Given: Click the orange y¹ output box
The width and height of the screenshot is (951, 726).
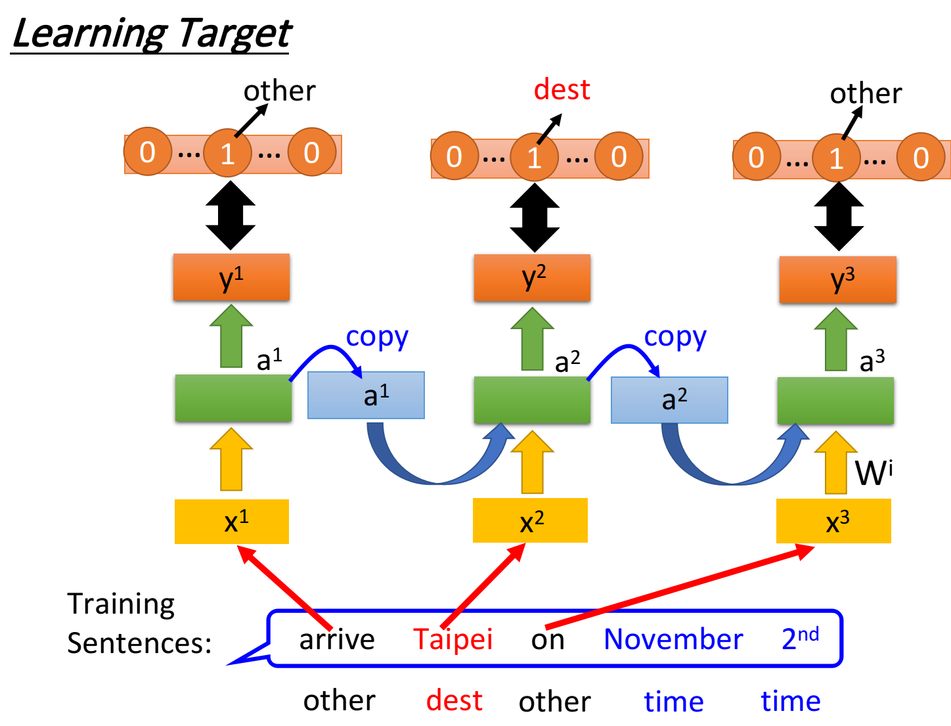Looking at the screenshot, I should tap(231, 277).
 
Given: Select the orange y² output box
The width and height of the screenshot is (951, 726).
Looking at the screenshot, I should tap(532, 278).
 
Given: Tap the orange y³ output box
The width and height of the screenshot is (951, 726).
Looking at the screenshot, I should tap(837, 280).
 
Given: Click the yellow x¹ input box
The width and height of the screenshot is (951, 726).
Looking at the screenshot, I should tap(232, 522).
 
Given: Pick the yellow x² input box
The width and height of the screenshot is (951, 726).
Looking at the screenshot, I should tap(530, 520).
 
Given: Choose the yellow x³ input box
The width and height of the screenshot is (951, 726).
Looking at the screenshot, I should tap(833, 521).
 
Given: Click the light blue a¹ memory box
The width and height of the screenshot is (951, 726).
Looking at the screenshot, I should tap(366, 396).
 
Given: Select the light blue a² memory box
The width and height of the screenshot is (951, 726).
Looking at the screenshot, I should tap(669, 399).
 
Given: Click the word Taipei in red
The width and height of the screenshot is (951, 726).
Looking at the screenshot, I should tap(453, 639).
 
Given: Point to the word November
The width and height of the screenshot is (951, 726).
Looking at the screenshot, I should tap(673, 639).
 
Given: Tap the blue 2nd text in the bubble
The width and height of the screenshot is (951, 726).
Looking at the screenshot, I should tap(800, 637).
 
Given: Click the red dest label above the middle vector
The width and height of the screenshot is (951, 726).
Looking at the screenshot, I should tap(562, 89).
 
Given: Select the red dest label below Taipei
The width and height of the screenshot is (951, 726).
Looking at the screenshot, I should tap(454, 700).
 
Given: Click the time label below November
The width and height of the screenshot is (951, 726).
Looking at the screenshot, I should tap(674, 701).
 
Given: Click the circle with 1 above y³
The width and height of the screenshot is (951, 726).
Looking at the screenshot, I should tap(835, 158).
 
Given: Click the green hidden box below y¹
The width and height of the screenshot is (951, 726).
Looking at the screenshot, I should tap(233, 397).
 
